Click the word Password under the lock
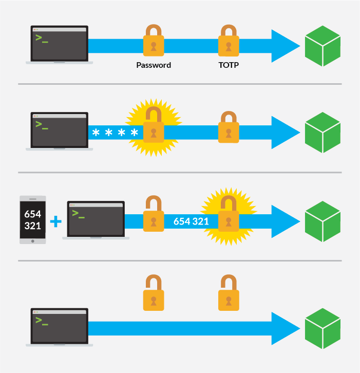154,65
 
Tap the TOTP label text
229,65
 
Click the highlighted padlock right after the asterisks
154,127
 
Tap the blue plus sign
55,221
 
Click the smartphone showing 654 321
33,219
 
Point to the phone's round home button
33,240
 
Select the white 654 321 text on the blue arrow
191,221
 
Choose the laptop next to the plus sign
96,220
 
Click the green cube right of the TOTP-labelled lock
323,46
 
